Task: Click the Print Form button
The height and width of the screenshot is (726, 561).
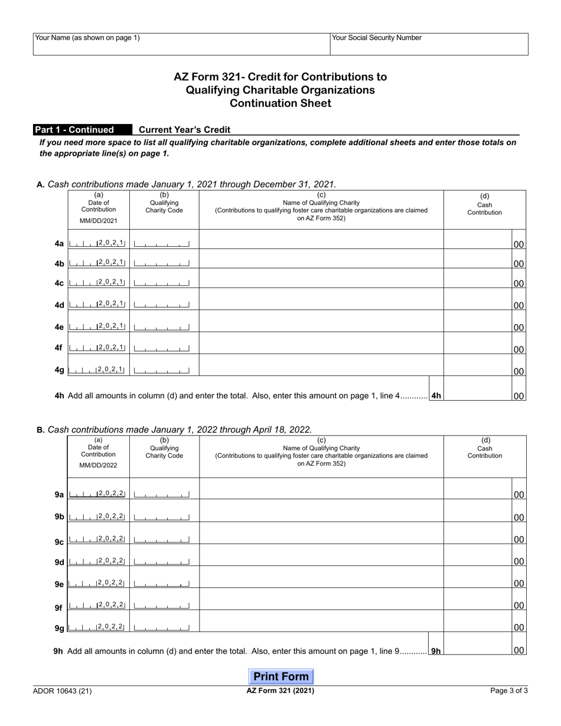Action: pyautogui.click(x=281, y=676)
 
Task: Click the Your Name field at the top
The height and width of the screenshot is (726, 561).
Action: pyautogui.click(x=181, y=44)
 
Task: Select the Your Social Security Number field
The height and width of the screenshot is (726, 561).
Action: pyautogui.click(x=429, y=44)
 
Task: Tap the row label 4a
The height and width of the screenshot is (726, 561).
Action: pyautogui.click(x=59, y=244)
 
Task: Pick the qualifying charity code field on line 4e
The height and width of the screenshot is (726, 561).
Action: pyautogui.click(x=162, y=326)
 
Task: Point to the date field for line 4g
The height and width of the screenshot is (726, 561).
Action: pyautogui.click(x=97, y=370)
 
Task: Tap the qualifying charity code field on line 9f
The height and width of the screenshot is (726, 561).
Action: pyautogui.click(x=162, y=606)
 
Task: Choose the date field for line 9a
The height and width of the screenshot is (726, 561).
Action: pyautogui.click(x=97, y=494)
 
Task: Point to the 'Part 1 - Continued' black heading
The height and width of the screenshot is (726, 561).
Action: pyautogui.click(x=74, y=130)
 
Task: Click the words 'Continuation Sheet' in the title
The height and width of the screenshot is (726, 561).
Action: pyautogui.click(x=280, y=104)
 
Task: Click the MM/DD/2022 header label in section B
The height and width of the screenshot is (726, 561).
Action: pyautogui.click(x=99, y=465)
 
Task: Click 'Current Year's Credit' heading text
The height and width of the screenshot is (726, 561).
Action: pyautogui.click(x=184, y=130)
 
